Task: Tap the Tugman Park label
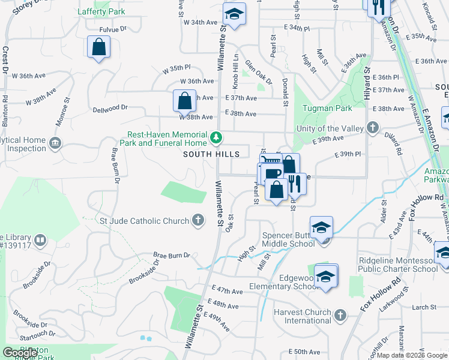328,109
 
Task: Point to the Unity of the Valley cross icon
373,128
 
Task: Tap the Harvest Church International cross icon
340,315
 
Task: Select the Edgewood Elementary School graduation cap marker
326,277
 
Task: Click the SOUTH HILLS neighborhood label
211,154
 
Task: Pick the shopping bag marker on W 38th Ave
184,100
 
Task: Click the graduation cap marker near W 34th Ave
234,13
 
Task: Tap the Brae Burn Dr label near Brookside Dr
172,255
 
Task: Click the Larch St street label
424,307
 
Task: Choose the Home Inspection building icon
55,143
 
